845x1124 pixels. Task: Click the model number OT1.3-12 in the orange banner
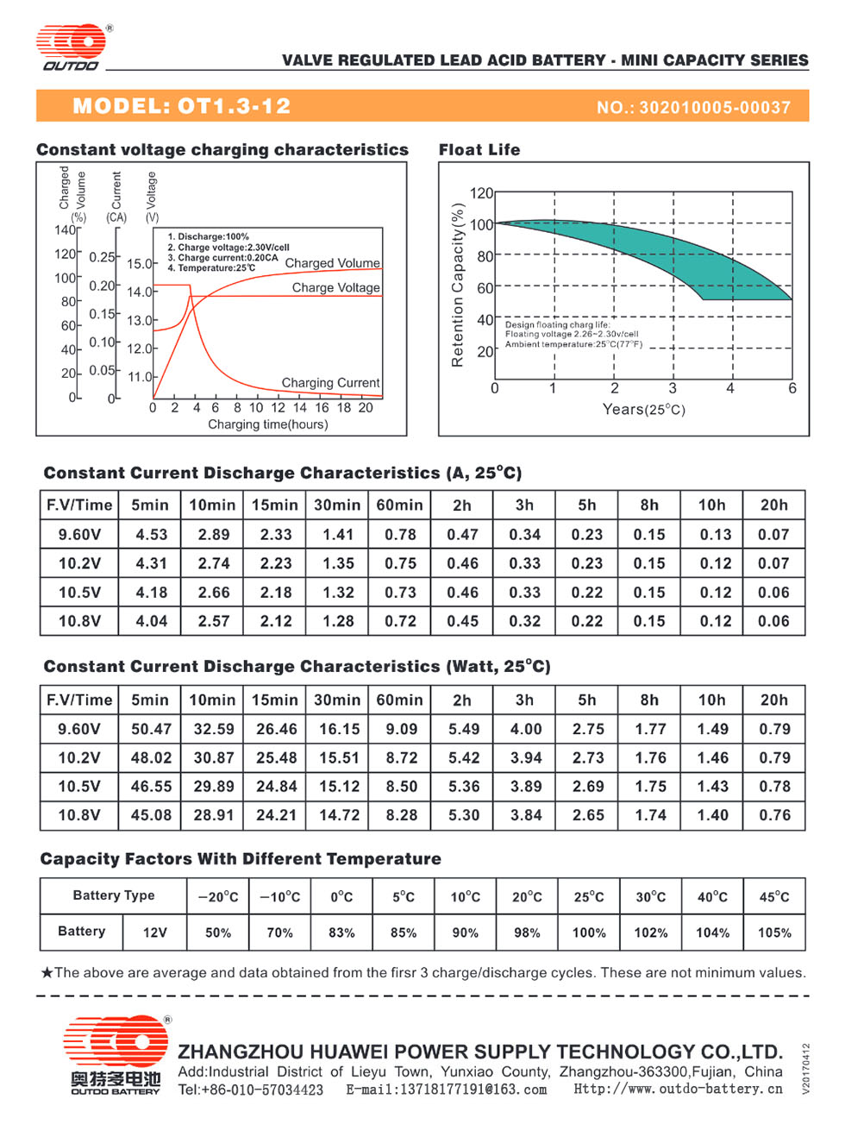coord(234,106)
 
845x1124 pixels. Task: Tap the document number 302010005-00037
coord(715,107)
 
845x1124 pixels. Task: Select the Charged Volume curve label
coord(332,263)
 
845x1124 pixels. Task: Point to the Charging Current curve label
coord(330,382)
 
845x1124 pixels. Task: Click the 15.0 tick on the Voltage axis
coord(140,264)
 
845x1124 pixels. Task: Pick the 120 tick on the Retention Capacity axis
coord(481,193)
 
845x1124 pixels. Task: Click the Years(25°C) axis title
coord(643,409)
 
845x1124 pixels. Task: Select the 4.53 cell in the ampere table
coord(152,535)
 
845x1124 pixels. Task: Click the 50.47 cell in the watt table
coord(151,729)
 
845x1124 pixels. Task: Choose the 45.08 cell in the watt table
coord(151,814)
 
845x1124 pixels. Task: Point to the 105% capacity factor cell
coord(774,932)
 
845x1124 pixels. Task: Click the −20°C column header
coord(218,896)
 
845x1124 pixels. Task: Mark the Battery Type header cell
coord(114,895)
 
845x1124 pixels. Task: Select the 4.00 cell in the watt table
coord(526,729)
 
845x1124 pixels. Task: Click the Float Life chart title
coord(479,149)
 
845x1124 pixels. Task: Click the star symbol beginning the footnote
coord(47,972)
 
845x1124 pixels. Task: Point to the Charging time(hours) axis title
coord(267,424)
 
